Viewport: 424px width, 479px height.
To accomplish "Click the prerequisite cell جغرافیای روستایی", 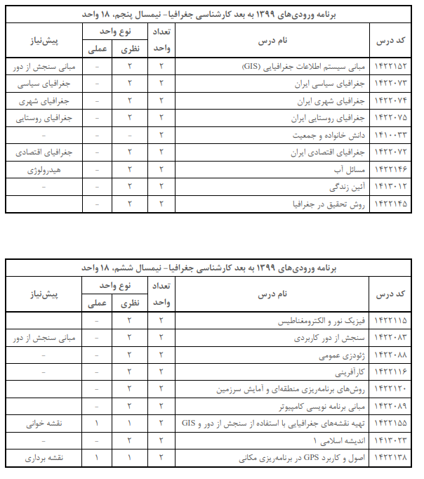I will coord(42,118).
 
